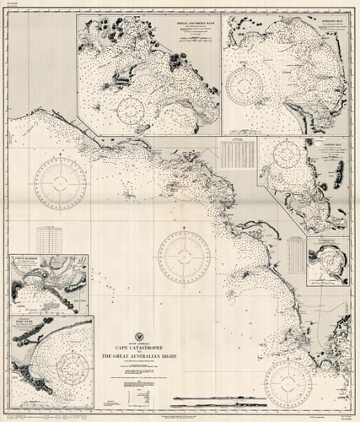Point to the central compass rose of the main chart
[184, 255]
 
